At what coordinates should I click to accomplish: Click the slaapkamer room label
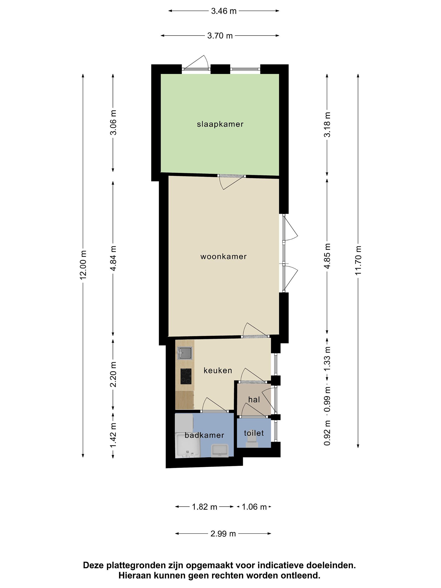click(220, 124)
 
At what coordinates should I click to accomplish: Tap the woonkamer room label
click(224, 256)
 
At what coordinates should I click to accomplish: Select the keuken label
click(218, 370)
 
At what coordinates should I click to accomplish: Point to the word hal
click(254, 399)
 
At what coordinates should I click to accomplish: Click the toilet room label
click(254, 433)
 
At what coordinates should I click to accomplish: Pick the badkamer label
click(204, 435)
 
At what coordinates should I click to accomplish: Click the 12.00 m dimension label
click(84, 265)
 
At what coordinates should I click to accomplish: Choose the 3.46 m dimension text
click(224, 11)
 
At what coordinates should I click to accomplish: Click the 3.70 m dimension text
click(220, 36)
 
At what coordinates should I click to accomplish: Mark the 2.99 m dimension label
click(223, 533)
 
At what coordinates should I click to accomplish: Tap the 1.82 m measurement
click(205, 507)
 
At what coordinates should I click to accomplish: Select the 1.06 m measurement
click(254, 507)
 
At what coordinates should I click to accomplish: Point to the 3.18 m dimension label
click(327, 124)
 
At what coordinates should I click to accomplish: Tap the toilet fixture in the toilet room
click(252, 443)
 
